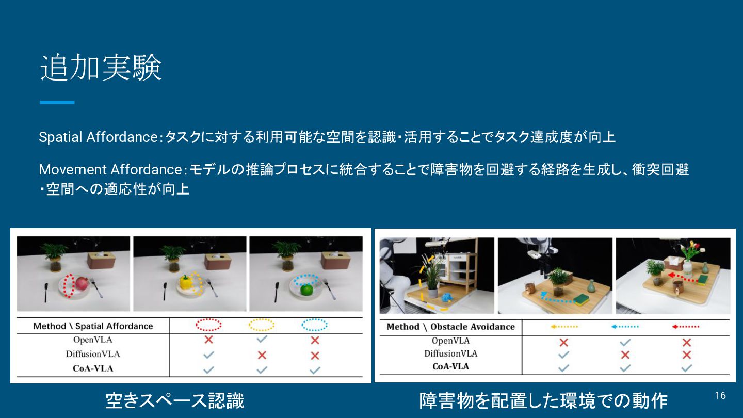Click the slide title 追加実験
(x=101, y=68)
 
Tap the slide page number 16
(x=720, y=395)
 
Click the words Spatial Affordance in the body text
(x=98, y=137)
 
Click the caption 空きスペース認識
(x=175, y=400)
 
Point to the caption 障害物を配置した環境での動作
(x=543, y=400)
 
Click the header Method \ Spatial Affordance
(x=93, y=326)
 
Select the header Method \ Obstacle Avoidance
(x=451, y=327)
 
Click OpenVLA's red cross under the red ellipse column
(x=208, y=340)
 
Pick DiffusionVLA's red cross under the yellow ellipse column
(x=262, y=355)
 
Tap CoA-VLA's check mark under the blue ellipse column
(x=315, y=370)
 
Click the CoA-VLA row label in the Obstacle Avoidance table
(x=451, y=366)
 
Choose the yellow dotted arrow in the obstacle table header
(x=564, y=327)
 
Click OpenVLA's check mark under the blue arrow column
(x=625, y=342)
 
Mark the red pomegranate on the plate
(x=82, y=284)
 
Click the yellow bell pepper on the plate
(x=185, y=282)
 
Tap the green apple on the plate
(x=307, y=290)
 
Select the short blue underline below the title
(x=57, y=103)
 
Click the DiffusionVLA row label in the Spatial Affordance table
(x=93, y=355)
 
